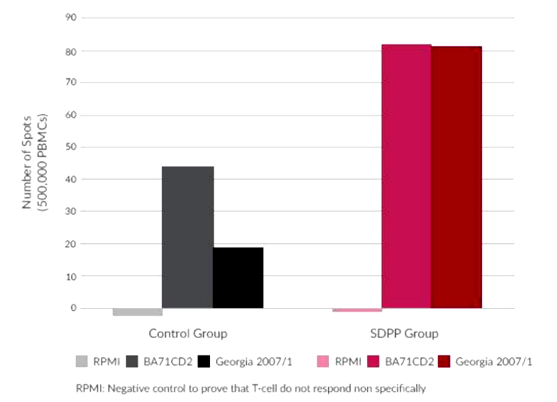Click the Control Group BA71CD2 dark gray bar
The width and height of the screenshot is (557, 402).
[188, 237]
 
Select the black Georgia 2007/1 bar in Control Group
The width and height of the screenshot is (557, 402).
[238, 278]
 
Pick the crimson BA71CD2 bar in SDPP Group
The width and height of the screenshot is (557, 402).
[406, 176]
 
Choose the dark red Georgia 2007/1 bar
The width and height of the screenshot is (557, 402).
[456, 177]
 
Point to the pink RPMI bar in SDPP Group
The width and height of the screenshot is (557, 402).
[357, 309]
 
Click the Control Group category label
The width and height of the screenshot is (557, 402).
[188, 334]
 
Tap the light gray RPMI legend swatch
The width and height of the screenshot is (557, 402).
[82, 362]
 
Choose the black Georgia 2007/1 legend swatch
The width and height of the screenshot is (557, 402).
[204, 362]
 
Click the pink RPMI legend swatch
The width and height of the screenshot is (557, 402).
[323, 362]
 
